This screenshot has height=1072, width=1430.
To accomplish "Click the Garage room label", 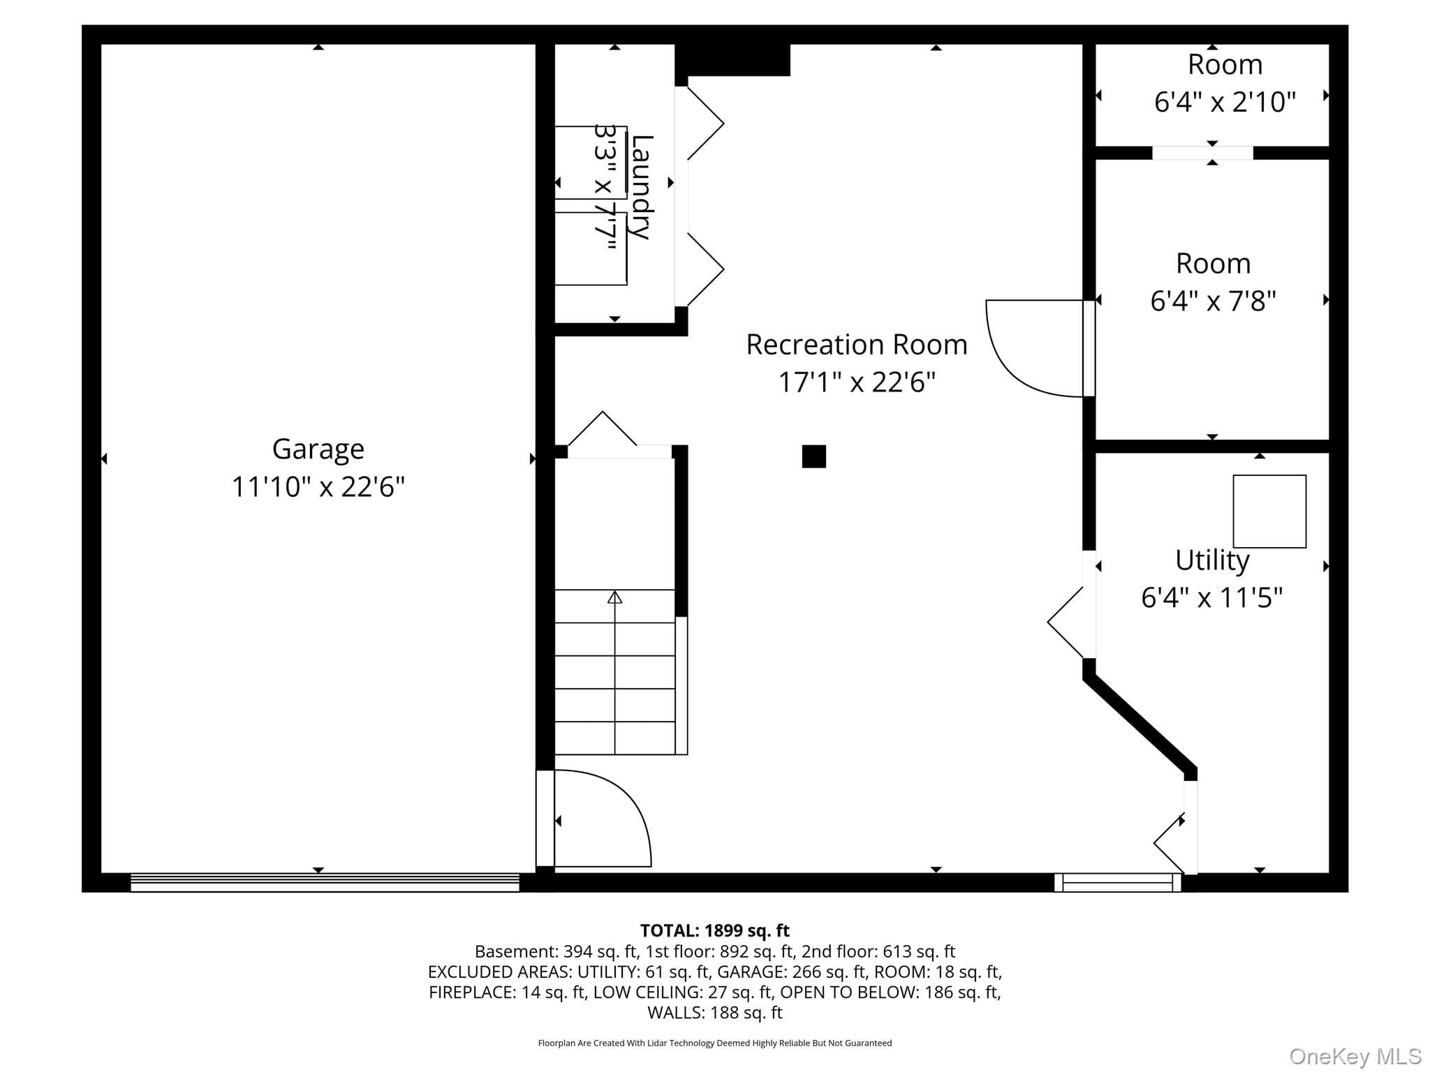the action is [318, 449].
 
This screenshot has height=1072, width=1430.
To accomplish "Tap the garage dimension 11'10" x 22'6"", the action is [318, 486].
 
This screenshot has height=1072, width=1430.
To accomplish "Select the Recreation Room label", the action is [857, 345].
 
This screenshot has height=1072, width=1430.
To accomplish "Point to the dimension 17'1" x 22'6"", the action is [857, 382].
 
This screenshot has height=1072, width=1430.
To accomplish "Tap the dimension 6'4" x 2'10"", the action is [1225, 102].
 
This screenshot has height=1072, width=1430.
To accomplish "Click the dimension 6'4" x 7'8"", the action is [1213, 301].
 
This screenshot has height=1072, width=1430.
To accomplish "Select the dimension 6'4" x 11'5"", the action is [1212, 598].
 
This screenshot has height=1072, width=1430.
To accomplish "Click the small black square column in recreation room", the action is [814, 456].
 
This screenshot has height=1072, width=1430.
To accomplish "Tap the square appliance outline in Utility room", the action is [1269, 512].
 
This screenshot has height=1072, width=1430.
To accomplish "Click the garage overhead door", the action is [325, 882].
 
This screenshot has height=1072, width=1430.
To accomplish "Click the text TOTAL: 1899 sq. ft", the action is [715, 930].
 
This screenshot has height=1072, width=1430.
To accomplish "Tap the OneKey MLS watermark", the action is [1355, 1057].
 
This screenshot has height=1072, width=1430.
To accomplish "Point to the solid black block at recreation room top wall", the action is [732, 60].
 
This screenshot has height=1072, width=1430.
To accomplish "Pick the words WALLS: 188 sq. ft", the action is [715, 1012].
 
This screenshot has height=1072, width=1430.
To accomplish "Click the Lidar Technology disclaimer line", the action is [715, 1043].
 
